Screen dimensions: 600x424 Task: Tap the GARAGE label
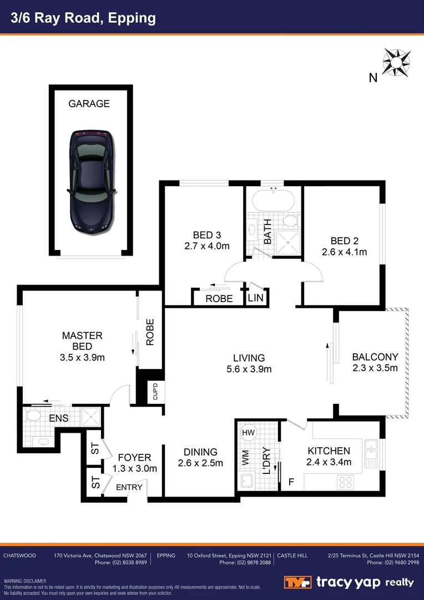[x=89, y=104]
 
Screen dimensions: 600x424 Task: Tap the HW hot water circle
[x=248, y=432]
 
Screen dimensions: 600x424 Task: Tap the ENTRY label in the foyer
[x=129, y=487]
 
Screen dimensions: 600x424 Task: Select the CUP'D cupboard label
[x=155, y=391]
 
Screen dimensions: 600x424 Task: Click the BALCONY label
[x=375, y=357]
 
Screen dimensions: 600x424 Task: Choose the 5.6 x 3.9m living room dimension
[x=249, y=369]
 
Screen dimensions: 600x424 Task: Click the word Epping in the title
[x=133, y=18]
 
